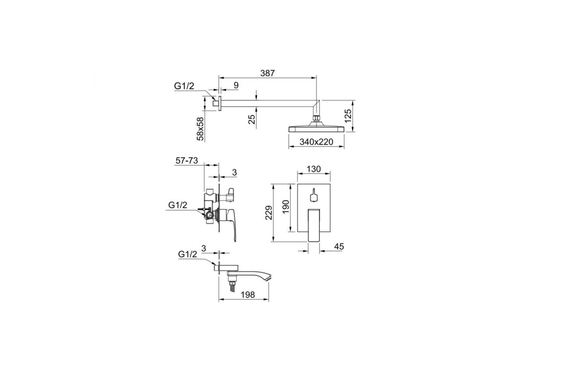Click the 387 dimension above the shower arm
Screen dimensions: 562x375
pos(267,73)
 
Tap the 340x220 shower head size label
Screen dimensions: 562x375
pos(316,142)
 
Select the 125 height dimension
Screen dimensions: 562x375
pos(348,116)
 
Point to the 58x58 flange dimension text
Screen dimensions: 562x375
pos(200,128)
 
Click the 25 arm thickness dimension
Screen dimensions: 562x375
pos(251,119)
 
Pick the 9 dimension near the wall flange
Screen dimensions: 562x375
pos(236,85)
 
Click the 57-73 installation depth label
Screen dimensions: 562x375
pos(187,160)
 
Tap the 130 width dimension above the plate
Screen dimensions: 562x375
pos(314,169)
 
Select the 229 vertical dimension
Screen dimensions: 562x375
pos(269,213)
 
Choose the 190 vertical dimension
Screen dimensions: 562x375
pos(286,207)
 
